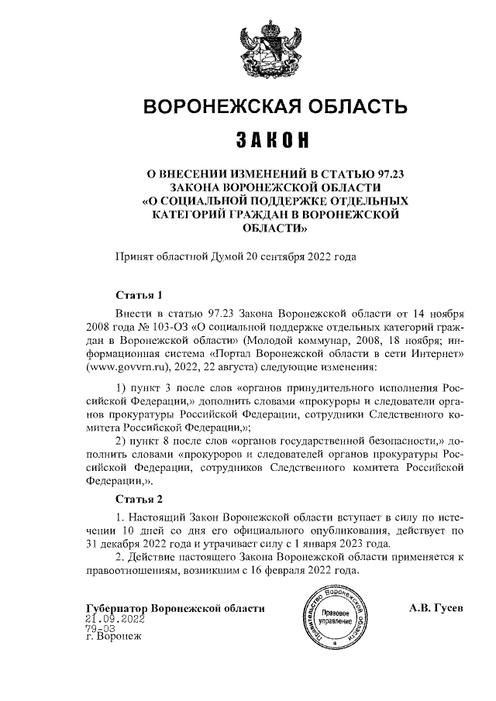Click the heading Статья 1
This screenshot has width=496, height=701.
[139, 295]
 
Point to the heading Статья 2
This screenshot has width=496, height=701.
[139, 497]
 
